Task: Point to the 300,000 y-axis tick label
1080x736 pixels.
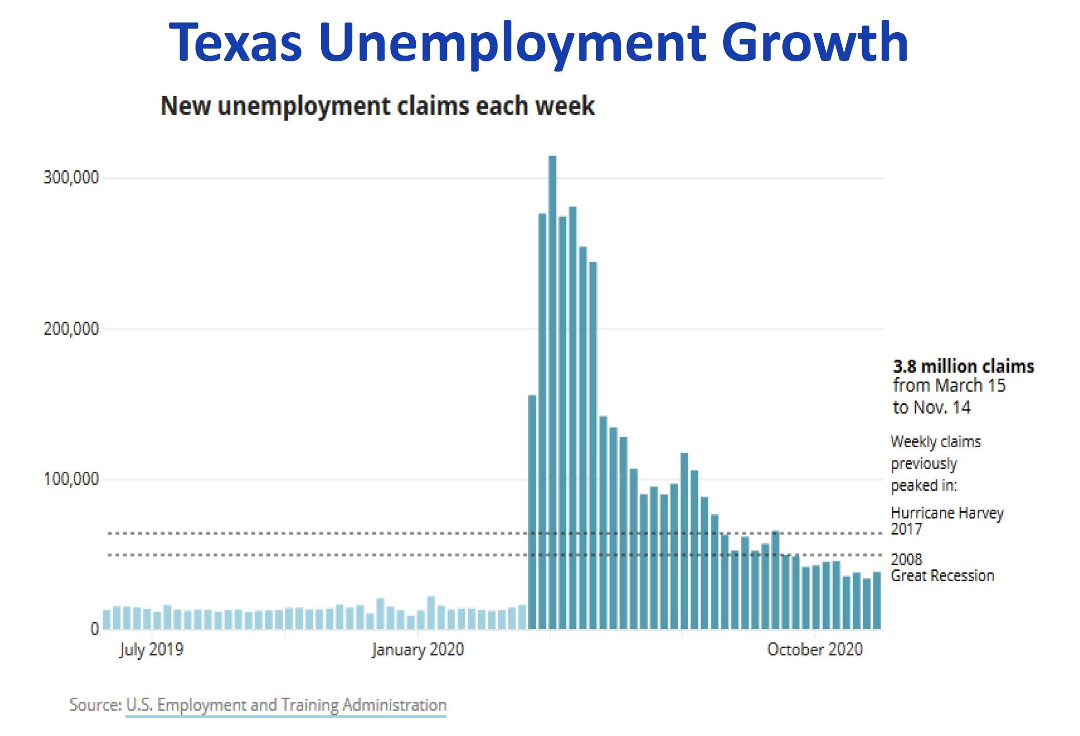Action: pyautogui.click(x=71, y=178)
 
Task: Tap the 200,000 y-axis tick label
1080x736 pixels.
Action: pyautogui.click(x=71, y=329)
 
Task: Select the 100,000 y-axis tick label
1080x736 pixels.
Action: pyautogui.click(x=71, y=479)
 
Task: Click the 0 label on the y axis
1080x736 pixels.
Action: pyautogui.click(x=95, y=628)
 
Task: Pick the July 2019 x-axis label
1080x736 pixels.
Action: pyautogui.click(x=151, y=650)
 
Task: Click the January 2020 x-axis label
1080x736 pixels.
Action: pyautogui.click(x=418, y=650)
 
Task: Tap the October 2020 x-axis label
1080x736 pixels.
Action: pyautogui.click(x=815, y=650)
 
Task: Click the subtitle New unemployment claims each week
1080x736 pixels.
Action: pyautogui.click(x=378, y=106)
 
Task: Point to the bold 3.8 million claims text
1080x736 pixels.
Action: pyautogui.click(x=963, y=366)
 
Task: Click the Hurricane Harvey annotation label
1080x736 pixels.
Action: pyautogui.click(x=947, y=513)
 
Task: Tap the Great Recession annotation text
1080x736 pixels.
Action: pyautogui.click(x=942, y=576)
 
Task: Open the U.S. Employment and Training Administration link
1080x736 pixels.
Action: pyautogui.click(x=286, y=705)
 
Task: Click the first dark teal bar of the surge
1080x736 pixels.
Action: pyautogui.click(x=532, y=511)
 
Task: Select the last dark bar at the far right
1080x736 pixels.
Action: pyautogui.click(x=876, y=601)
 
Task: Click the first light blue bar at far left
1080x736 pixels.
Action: pyautogui.click(x=106, y=619)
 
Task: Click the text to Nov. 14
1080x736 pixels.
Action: pyautogui.click(x=931, y=407)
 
